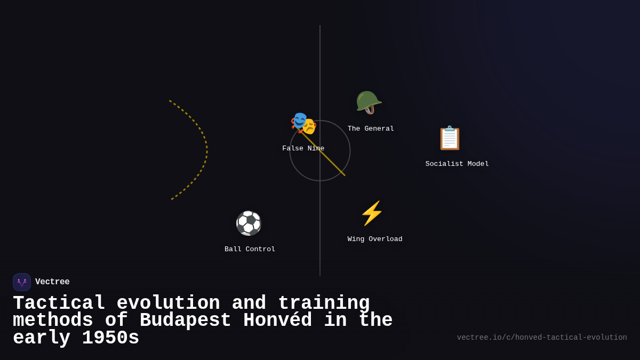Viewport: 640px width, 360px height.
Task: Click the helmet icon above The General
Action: coord(369,102)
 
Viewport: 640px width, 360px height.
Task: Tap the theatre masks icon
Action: coord(303,123)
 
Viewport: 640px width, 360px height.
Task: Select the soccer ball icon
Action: coord(249,223)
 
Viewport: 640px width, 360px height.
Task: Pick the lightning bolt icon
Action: coord(372,213)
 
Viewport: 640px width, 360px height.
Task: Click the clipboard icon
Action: coord(449,138)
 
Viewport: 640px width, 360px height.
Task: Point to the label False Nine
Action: coord(303,148)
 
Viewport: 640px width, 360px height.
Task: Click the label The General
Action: coord(371,129)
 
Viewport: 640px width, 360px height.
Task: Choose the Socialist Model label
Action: coord(457,164)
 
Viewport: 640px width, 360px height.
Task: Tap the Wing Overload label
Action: coord(375,239)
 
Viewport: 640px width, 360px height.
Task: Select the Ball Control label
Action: coord(250,249)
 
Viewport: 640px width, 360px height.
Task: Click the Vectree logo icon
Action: coord(22,282)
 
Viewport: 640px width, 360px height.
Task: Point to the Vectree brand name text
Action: coord(52,282)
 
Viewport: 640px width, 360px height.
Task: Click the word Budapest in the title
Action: coord(185,321)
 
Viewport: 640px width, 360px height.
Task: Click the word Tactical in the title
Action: coord(59,303)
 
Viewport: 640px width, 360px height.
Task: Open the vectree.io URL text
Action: coord(542,338)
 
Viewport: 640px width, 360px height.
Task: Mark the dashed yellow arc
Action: coord(206,150)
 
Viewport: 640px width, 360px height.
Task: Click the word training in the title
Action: coord(324,303)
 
